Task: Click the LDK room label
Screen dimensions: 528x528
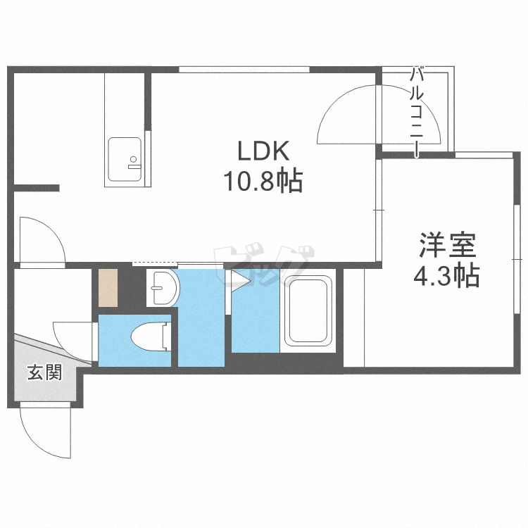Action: [x=263, y=151]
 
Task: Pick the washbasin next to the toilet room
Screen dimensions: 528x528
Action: [x=163, y=288]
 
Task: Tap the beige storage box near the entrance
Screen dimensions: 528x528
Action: [x=108, y=288]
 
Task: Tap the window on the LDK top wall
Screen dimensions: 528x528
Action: [x=244, y=69]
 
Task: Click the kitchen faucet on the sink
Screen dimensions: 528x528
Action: [x=134, y=166]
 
